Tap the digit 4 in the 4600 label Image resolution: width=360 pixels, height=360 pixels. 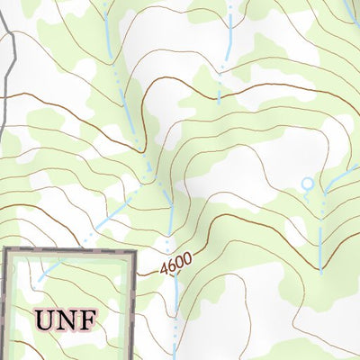point(166,269)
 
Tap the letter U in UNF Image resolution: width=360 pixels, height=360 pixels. point(45,318)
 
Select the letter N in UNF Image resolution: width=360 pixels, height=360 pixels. point(65,318)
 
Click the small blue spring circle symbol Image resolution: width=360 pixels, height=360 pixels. point(307,184)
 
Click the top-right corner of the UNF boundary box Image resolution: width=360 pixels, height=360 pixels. point(133,251)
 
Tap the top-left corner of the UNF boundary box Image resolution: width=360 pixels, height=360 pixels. point(5,251)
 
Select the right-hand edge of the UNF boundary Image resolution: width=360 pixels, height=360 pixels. point(133,306)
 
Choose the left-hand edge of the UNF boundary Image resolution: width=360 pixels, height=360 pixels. point(5,306)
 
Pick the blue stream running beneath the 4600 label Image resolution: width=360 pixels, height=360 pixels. point(175,306)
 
